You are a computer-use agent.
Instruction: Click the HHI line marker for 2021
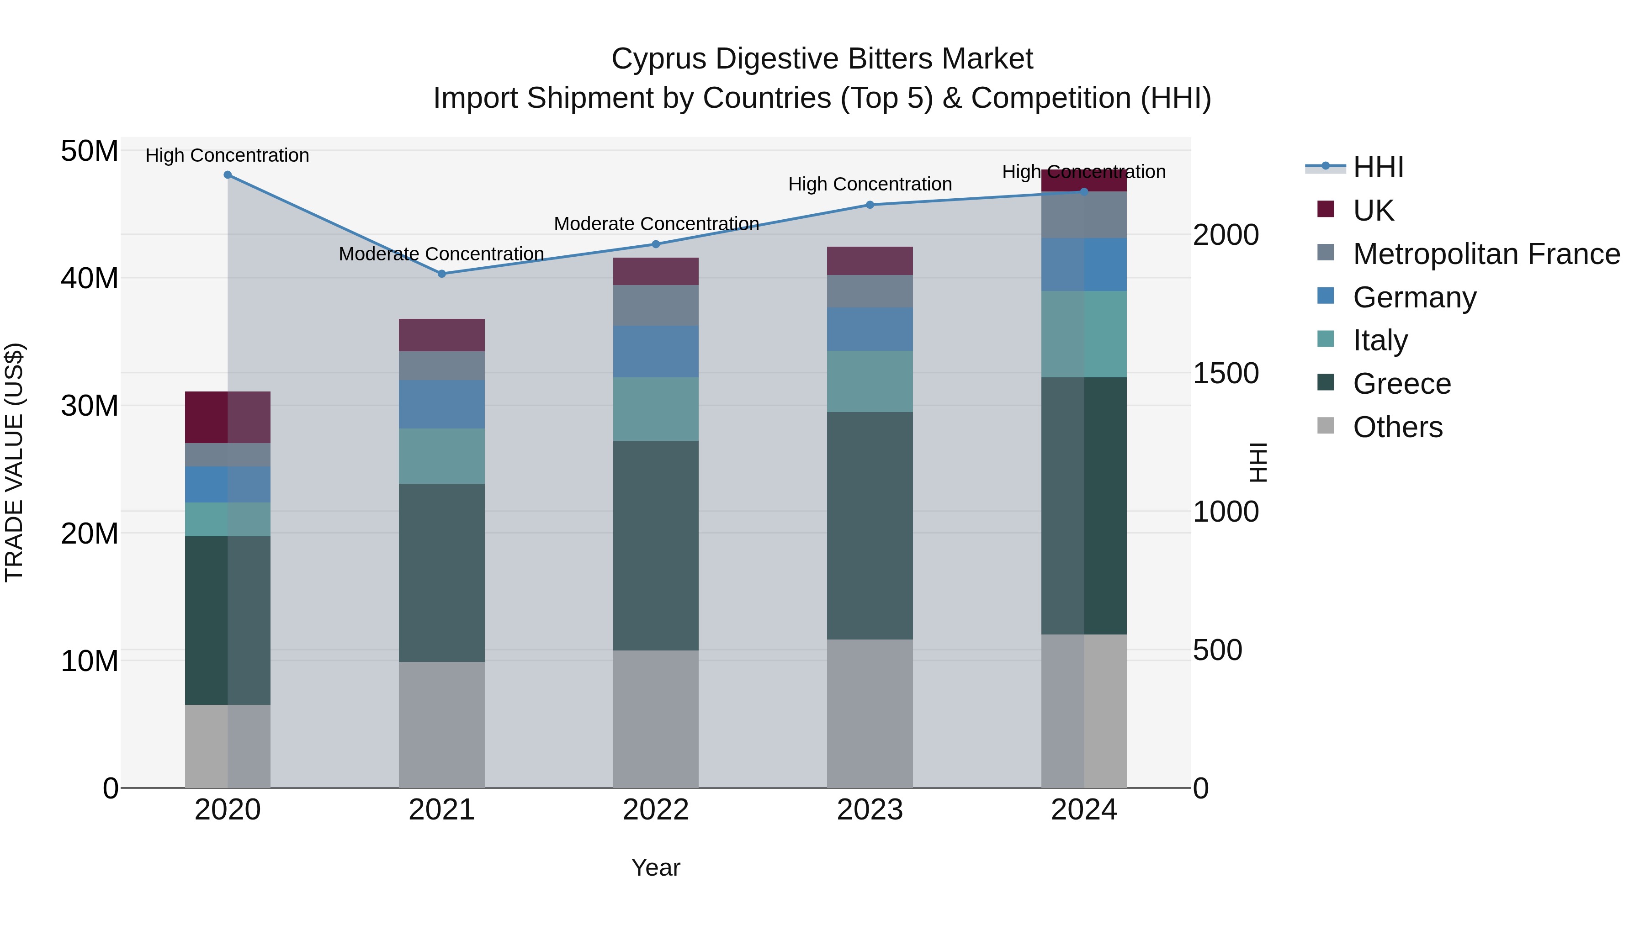tap(441, 274)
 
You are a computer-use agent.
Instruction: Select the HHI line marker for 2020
tap(228, 175)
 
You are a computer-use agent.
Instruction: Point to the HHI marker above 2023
tap(870, 205)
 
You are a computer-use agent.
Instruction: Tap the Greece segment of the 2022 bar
tap(656, 546)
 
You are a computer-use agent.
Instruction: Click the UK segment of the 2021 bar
tap(441, 335)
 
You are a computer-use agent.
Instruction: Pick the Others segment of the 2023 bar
tap(870, 713)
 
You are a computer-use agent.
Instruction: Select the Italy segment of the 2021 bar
tap(441, 456)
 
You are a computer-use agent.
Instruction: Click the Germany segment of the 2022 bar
tap(656, 352)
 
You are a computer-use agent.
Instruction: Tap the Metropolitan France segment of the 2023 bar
tap(870, 292)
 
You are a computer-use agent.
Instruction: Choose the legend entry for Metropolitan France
tap(1486, 254)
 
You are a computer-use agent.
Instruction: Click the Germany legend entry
tap(1414, 297)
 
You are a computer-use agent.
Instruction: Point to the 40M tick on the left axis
tap(90, 278)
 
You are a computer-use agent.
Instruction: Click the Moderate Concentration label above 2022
tap(656, 224)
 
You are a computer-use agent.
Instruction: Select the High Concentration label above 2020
tap(228, 155)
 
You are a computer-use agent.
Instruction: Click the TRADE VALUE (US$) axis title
tap(14, 462)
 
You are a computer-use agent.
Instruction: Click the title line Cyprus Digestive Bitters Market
tap(822, 59)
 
